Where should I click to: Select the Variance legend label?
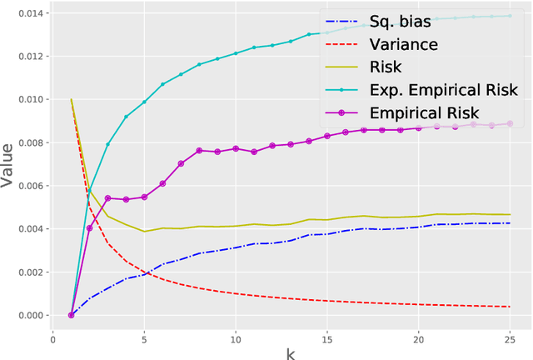(x=404, y=44)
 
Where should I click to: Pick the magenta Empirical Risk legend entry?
(x=426, y=112)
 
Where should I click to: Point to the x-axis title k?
(x=290, y=353)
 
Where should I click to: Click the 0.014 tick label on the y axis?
(x=25, y=13)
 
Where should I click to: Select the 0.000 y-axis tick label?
(x=25, y=315)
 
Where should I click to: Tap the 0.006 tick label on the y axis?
(x=25, y=186)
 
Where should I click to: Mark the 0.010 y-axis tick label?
(x=25, y=99)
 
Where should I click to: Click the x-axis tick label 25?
(x=510, y=337)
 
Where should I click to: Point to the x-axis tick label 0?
(x=52, y=337)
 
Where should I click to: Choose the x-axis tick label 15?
(x=326, y=337)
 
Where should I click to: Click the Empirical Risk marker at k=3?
(x=107, y=198)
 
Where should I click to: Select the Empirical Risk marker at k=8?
(x=199, y=151)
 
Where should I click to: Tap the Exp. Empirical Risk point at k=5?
(x=144, y=102)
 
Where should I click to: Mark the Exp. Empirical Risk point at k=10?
(x=236, y=53)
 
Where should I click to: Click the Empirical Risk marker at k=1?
(x=71, y=315)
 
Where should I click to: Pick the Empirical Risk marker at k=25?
(x=510, y=123)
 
